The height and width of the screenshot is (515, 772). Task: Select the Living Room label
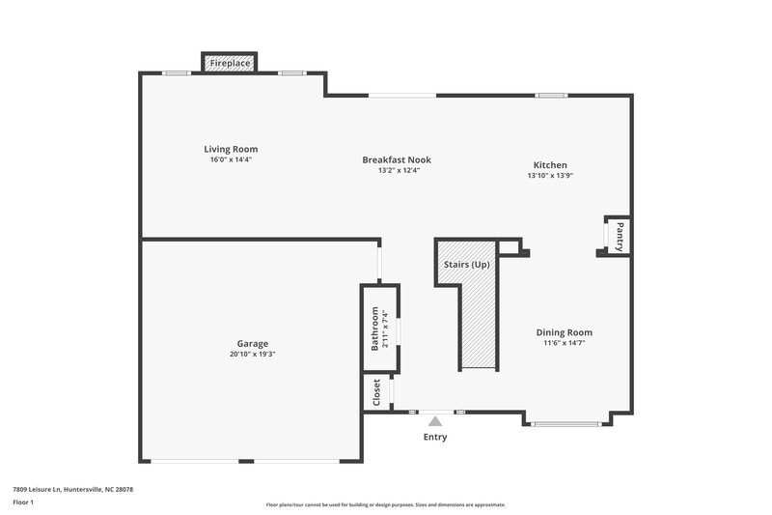coord(231,149)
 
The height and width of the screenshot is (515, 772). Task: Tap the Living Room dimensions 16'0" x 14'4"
coord(231,159)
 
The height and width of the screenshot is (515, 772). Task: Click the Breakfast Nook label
coord(397,159)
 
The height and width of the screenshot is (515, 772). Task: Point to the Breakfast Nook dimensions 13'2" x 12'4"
coord(397,170)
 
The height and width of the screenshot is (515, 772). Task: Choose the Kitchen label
coord(550,165)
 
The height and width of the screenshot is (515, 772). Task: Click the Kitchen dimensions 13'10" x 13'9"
coord(550,176)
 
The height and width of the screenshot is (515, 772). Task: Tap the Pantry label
coord(620,236)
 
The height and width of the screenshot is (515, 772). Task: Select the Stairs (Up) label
coord(466,264)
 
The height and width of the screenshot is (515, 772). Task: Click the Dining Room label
coord(565,332)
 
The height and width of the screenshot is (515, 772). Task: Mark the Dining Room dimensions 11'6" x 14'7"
coord(565,343)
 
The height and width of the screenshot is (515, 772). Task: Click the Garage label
coord(253,343)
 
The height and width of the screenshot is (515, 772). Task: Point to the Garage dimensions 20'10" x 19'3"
coord(253,354)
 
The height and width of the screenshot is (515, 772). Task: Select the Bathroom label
coord(375,329)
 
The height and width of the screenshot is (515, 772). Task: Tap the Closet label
coord(376,392)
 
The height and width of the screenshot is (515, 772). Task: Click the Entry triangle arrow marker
coord(435,421)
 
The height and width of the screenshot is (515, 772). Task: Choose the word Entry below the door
coord(435,437)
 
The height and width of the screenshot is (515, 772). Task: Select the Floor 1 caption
coord(23,502)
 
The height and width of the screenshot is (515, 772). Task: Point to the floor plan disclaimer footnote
coord(386,504)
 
